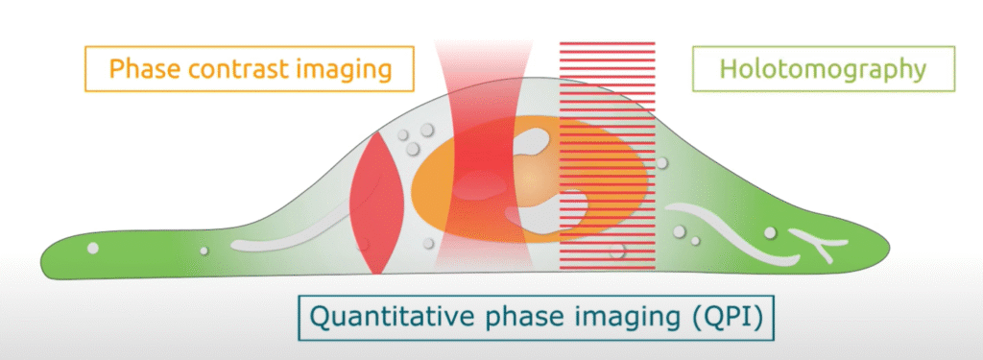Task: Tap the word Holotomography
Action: point(823,69)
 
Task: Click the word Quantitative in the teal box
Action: point(381,318)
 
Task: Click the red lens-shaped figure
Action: point(376,202)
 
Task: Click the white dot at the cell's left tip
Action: point(93,248)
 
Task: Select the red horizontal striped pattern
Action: point(607,156)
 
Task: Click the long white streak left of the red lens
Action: point(294,237)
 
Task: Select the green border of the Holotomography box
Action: point(823,47)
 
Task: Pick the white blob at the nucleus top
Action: point(536,141)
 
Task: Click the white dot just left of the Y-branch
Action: point(771,233)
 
